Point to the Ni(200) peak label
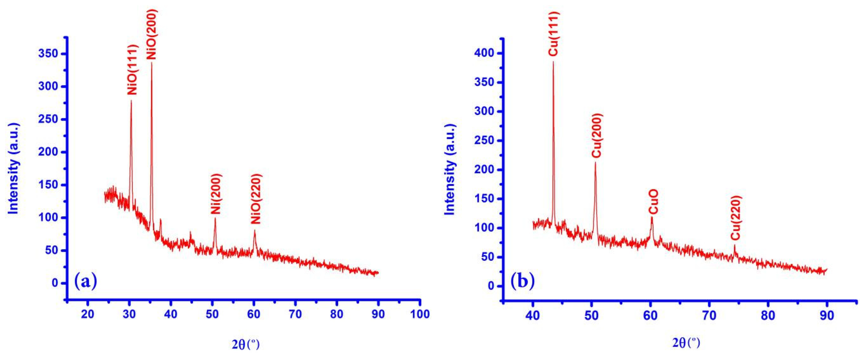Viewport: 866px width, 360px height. (x=216, y=194)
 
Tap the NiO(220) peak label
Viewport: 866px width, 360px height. (x=256, y=199)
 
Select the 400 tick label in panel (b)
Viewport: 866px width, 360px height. (x=484, y=53)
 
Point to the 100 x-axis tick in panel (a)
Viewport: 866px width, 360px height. (x=420, y=314)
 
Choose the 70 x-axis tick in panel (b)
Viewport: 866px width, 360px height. (x=709, y=315)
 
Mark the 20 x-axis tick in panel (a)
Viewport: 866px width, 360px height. (x=88, y=314)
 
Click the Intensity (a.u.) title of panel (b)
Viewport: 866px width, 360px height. (x=450, y=169)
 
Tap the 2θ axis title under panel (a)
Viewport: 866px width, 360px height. (x=246, y=345)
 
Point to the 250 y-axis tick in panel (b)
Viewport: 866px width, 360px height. (x=484, y=140)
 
